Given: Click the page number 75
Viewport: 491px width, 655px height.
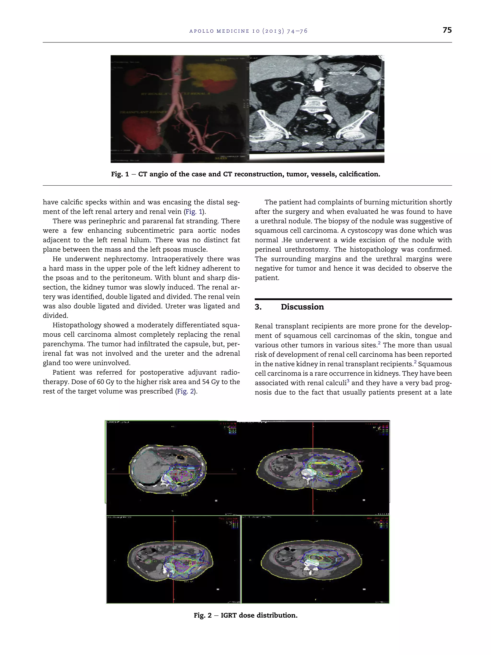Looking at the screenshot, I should (x=447, y=30).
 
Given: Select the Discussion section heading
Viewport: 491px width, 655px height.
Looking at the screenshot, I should (x=302, y=307).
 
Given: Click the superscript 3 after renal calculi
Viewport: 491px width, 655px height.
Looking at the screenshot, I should (x=348, y=381).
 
